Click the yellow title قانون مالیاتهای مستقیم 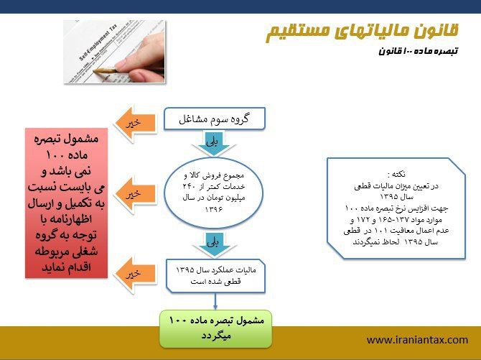[362, 32]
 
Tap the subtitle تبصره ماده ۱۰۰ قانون [418, 51]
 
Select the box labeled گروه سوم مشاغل [215, 119]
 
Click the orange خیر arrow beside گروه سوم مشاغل [136, 124]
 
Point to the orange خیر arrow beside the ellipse [136, 194]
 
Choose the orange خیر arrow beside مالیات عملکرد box [135, 274]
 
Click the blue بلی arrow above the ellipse [214, 143]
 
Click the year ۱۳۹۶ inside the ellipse [214, 210]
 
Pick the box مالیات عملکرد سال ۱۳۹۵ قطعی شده [215, 275]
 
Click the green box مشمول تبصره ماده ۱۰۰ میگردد [215, 329]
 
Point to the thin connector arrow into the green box [215, 301]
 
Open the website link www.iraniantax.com [417, 340]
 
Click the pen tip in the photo [94, 71]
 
